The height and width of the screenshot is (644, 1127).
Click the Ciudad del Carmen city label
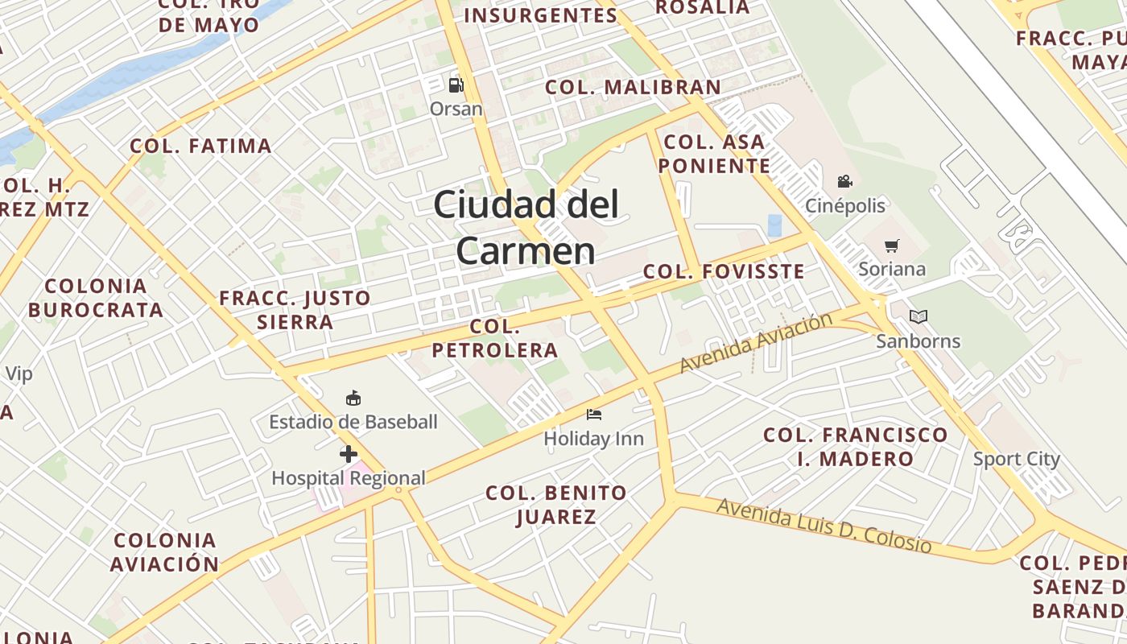click(x=526, y=228)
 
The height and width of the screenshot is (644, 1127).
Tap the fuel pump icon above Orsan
click(x=456, y=85)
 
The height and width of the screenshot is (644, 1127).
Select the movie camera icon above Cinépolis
click(x=844, y=182)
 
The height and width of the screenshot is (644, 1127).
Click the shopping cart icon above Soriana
click(x=891, y=246)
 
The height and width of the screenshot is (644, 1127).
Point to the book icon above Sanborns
click(x=919, y=317)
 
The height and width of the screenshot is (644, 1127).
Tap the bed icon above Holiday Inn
click(x=594, y=415)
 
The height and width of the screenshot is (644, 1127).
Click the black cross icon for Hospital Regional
click(x=348, y=454)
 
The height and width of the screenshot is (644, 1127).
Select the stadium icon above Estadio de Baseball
click(x=353, y=398)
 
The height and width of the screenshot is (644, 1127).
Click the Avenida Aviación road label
click(x=756, y=343)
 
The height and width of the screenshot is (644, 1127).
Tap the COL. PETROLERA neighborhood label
click(x=495, y=338)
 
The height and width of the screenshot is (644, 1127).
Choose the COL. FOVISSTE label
click(x=724, y=271)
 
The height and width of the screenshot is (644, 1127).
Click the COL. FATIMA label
click(x=200, y=146)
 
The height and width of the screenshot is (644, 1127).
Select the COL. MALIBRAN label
click(x=633, y=87)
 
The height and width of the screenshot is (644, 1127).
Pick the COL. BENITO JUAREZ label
click(x=555, y=505)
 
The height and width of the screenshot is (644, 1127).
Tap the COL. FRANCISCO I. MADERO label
click(x=856, y=447)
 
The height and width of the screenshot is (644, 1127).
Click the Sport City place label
click(x=1016, y=459)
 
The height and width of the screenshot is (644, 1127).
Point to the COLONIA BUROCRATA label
click(x=96, y=298)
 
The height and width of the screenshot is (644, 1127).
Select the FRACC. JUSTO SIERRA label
click(x=295, y=310)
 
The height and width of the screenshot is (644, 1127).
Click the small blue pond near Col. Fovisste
click(x=774, y=225)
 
